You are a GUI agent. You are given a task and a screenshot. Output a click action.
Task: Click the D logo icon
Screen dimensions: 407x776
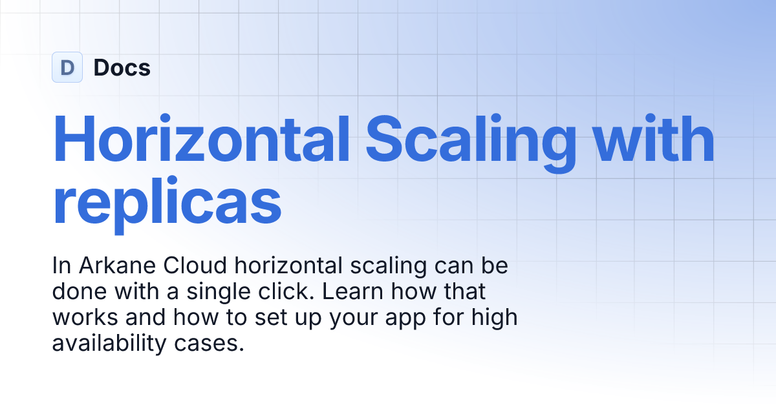click(x=67, y=67)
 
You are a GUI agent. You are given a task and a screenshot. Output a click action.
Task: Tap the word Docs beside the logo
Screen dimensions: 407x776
click(x=122, y=67)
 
